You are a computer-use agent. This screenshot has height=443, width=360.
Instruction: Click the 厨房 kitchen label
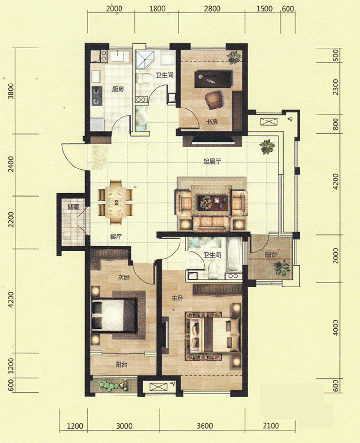pos(118,90)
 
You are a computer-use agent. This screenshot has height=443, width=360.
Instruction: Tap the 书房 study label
pos(212,122)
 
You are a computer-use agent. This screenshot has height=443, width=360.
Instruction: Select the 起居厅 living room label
pos(212,162)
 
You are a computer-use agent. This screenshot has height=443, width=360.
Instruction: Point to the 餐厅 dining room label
pos(116,237)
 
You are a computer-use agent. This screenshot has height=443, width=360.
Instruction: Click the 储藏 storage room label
pos(73,207)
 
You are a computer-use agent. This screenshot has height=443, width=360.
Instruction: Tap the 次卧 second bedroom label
pos(123,277)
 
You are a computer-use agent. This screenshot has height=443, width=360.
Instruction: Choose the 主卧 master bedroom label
pos(178,298)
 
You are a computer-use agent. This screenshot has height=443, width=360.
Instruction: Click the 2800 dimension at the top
pos(212,9)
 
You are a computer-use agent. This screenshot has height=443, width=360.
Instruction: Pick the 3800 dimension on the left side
pos(11,91)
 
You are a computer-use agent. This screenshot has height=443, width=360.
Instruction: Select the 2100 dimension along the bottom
pos(271,426)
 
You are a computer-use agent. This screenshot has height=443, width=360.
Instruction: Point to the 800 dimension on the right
pos(336,124)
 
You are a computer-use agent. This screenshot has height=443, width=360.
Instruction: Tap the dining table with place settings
pos(116,202)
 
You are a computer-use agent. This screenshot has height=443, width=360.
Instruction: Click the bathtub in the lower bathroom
pos(234,255)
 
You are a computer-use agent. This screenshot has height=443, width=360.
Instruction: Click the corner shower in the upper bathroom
pos(145,60)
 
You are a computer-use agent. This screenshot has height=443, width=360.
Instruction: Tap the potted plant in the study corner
pos(235,57)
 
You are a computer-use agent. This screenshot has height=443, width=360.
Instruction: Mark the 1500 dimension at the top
pos(264,9)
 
